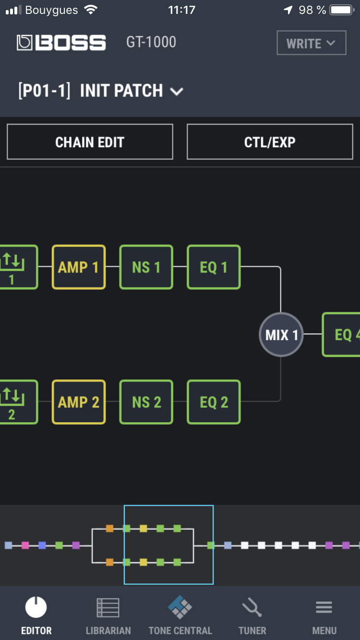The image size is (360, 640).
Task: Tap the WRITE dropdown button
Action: pos(311,43)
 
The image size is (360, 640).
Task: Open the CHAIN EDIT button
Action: pos(90,142)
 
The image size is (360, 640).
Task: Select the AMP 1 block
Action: pos(78,267)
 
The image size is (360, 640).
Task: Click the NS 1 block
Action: pos(146,267)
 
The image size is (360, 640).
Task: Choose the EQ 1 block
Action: pos(214,267)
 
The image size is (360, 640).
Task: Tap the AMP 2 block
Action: pos(78,402)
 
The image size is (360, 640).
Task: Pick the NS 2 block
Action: pos(146,402)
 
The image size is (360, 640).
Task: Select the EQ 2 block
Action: pos(214,402)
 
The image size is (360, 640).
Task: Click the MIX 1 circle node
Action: pos(281,334)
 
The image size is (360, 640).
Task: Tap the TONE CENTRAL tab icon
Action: pos(180,607)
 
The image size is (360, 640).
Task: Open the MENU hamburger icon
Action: pos(324,608)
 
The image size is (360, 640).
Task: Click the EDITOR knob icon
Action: pos(36,608)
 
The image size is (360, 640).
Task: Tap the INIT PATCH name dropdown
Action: pos(101,91)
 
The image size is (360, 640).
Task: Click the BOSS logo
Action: pos(61,43)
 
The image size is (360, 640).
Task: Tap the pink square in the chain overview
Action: pos(25,545)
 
